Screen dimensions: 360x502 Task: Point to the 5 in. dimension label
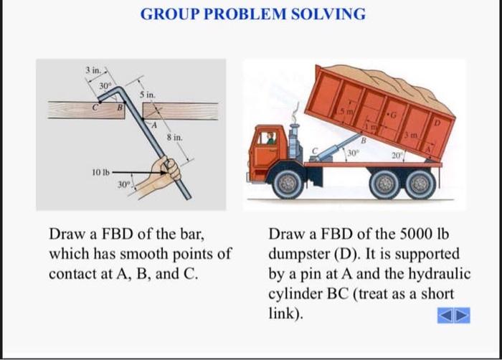coord(146,95)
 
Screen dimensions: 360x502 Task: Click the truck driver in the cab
coord(270,138)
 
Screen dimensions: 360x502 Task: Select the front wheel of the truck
coord(288,183)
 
